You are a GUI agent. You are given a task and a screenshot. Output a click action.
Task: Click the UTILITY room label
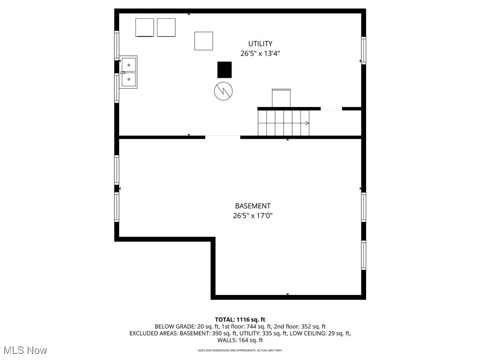pyautogui.click(x=260, y=44)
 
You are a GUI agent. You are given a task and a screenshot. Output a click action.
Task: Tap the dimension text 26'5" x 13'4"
pyautogui.click(x=260, y=53)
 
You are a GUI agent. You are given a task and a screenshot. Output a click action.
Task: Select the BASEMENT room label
pyautogui.click(x=253, y=206)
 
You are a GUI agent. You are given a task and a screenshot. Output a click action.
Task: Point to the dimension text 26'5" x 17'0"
pyautogui.click(x=253, y=216)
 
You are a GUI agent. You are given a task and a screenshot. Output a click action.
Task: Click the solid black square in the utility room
pyautogui.click(x=224, y=70)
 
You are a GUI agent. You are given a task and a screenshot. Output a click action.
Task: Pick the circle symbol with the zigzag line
pyautogui.click(x=223, y=91)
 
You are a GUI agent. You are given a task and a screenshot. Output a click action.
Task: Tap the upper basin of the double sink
pyautogui.click(x=128, y=64)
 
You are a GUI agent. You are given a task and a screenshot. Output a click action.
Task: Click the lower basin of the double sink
pyautogui.click(x=128, y=80)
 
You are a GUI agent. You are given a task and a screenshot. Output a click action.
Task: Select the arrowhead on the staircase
pyautogui.click(x=307, y=123)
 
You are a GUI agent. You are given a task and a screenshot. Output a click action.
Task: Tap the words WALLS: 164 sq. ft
pyautogui.click(x=240, y=340)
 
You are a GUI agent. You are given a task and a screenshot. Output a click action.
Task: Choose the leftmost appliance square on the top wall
pyautogui.click(x=144, y=27)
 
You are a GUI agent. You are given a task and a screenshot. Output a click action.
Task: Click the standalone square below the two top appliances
pyautogui.click(x=203, y=41)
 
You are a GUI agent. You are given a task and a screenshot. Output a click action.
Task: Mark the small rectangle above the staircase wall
pyautogui.click(x=281, y=98)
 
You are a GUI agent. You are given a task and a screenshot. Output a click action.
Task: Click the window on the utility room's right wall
pyautogui.click(x=363, y=50)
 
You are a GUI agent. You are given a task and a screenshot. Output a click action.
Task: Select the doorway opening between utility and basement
pyautogui.click(x=223, y=137)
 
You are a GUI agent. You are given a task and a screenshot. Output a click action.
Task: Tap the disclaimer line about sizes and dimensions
pyautogui.click(x=240, y=351)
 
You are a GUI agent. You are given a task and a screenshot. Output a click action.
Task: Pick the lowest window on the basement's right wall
pyautogui.click(x=363, y=255)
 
